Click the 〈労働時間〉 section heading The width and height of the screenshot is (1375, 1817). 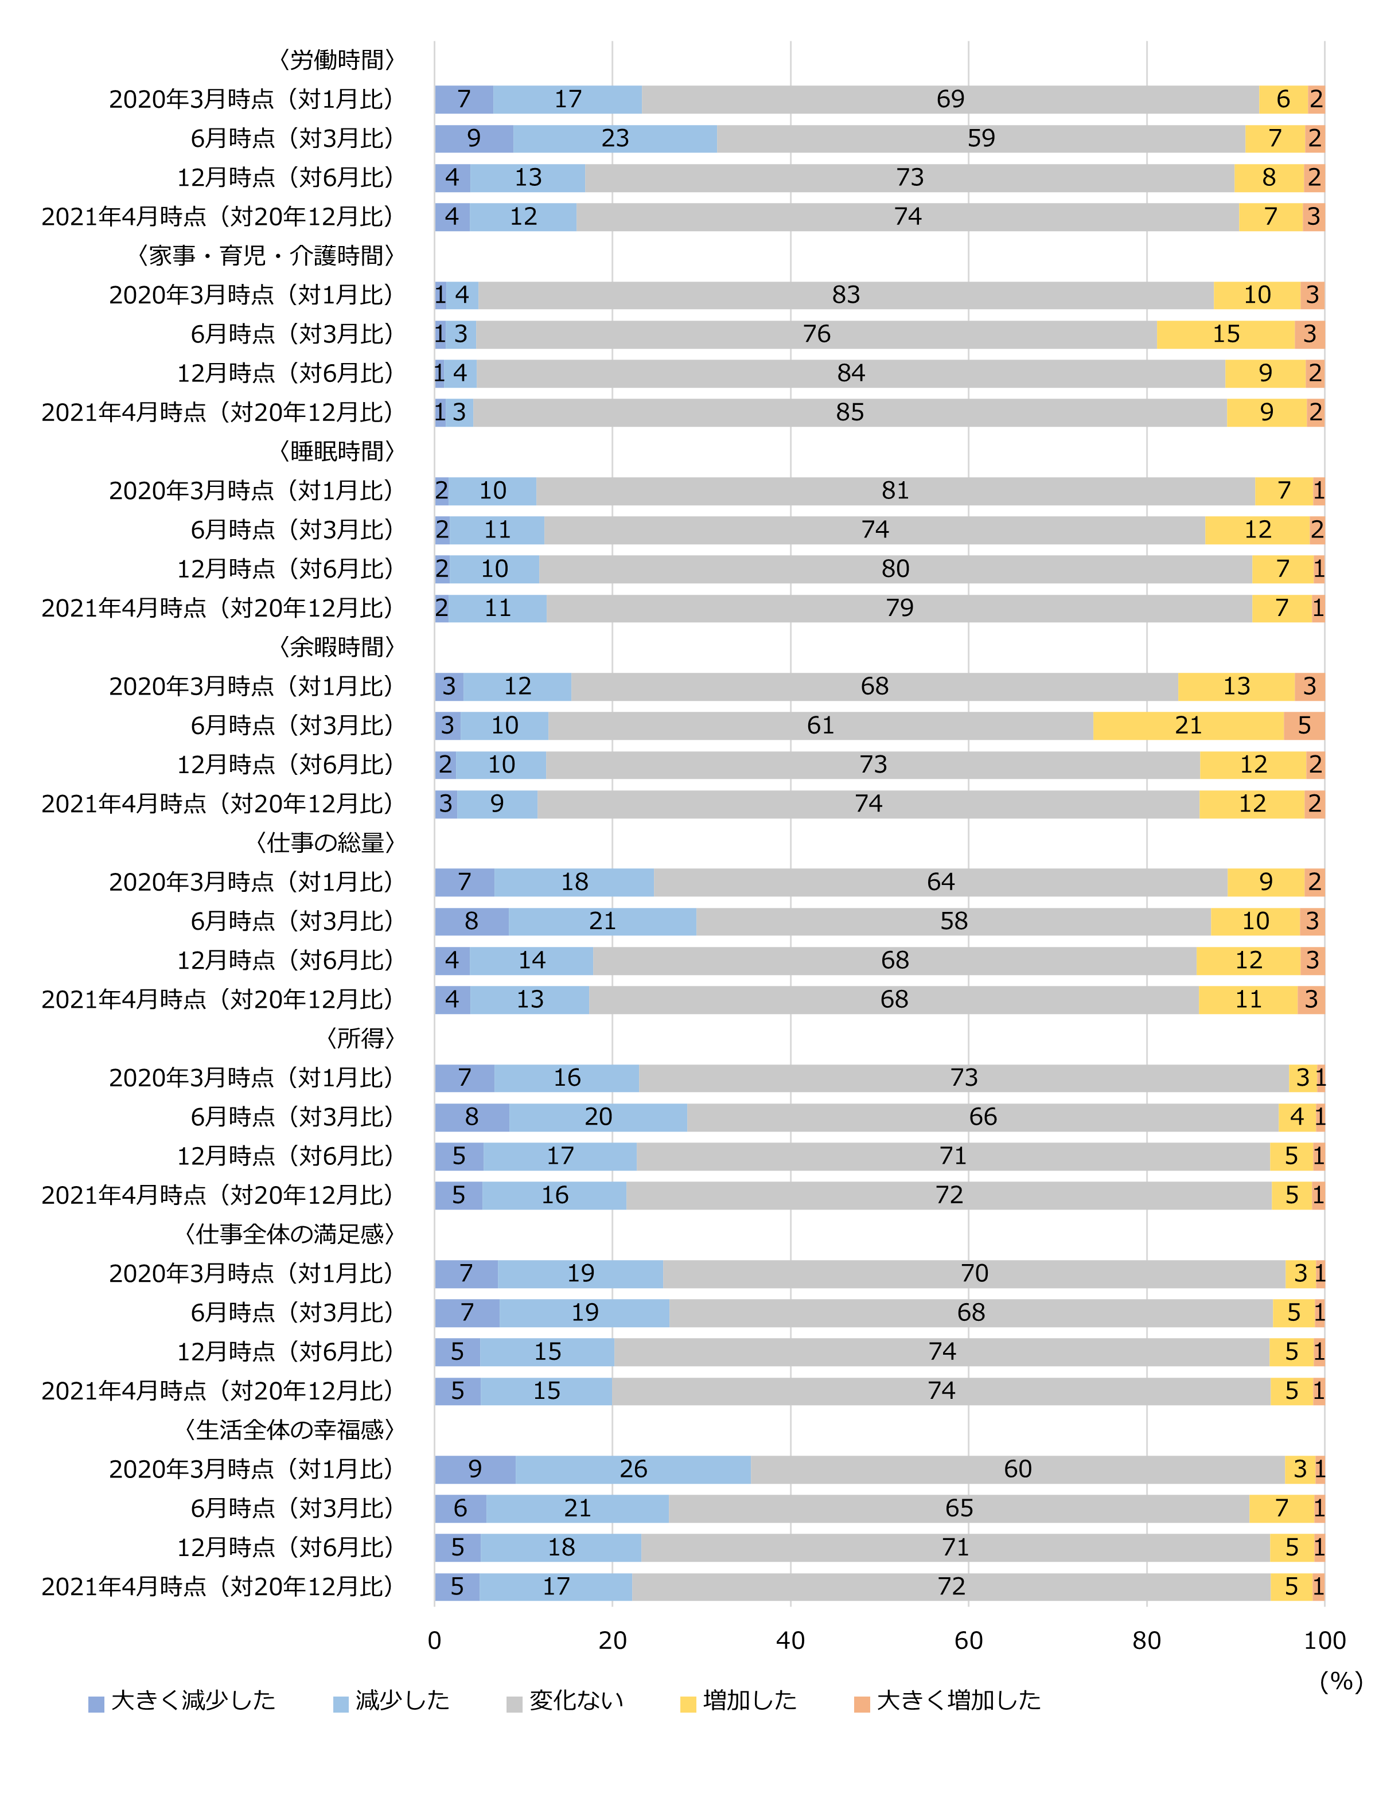click(x=337, y=60)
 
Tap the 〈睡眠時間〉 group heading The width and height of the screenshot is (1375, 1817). click(x=337, y=451)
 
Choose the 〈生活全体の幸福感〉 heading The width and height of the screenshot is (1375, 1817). click(x=290, y=1429)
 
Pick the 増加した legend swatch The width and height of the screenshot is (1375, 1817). click(x=688, y=1703)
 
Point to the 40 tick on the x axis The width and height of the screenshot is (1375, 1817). click(x=790, y=1640)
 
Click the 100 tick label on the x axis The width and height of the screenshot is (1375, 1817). click(x=1324, y=1640)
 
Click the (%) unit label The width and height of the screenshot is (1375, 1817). click(x=1341, y=1680)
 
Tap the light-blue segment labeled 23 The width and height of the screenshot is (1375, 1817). click(x=614, y=138)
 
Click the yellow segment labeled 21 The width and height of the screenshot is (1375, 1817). click(x=1188, y=726)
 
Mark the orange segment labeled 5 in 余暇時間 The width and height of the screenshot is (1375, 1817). click(x=1303, y=726)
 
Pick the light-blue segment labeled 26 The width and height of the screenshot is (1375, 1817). click(x=633, y=1469)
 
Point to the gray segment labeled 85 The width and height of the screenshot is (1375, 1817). click(x=850, y=412)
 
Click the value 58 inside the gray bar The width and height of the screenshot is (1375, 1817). click(x=953, y=921)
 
